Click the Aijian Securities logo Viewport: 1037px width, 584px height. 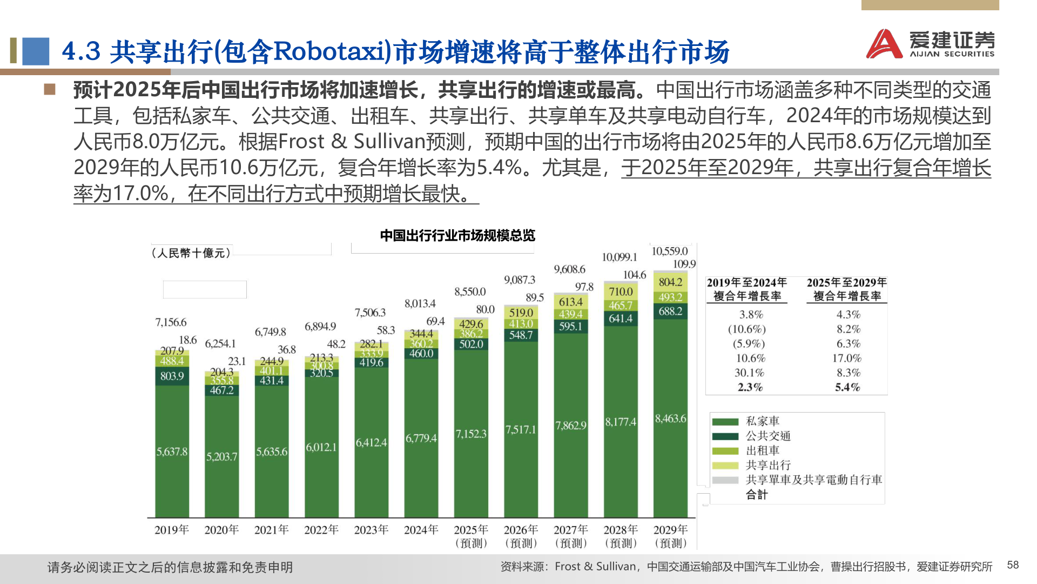pos(930,43)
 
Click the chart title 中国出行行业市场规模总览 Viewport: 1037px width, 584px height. pos(457,235)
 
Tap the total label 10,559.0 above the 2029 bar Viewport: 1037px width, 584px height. pos(669,251)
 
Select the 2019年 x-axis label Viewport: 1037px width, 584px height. pos(171,530)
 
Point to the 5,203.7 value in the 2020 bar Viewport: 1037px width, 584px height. pos(221,456)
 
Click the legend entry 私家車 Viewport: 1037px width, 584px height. pos(762,421)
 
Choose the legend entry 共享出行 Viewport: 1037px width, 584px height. pos(767,465)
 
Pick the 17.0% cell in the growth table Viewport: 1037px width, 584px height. pos(846,358)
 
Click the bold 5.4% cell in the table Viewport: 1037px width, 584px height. pos(846,387)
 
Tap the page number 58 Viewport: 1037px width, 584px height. pos(1013,565)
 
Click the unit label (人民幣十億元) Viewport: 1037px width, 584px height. pos(191,253)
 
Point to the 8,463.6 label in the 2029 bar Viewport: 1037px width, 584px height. pos(670,419)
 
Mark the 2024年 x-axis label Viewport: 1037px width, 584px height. pos(421,530)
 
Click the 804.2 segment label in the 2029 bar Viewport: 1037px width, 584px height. pos(670,282)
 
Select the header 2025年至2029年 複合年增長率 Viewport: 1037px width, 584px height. pos(846,289)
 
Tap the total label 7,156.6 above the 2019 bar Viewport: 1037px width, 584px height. pos(171,322)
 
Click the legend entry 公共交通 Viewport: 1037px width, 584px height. pos(767,436)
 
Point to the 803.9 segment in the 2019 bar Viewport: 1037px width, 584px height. pos(172,376)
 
